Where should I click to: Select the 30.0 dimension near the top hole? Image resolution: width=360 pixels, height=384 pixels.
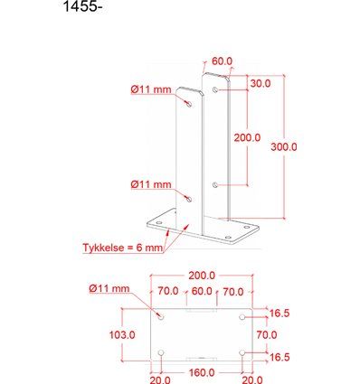pyautogui.click(x=259, y=83)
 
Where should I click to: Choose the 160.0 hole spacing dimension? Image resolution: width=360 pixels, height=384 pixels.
pyautogui.click(x=201, y=371)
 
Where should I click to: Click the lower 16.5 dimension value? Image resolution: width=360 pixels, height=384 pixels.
pyautogui.click(x=279, y=358)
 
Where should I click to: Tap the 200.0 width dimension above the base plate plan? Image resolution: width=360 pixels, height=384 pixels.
pyautogui.click(x=201, y=276)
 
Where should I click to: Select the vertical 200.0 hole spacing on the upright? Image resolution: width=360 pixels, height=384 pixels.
pyautogui.click(x=248, y=138)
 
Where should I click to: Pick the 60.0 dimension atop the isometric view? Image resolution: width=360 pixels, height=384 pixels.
pyautogui.click(x=222, y=61)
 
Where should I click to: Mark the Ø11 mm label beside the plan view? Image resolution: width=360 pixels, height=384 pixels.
pyautogui.click(x=109, y=288)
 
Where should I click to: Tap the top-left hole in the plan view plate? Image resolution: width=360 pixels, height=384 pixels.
pyautogui.click(x=161, y=317)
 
